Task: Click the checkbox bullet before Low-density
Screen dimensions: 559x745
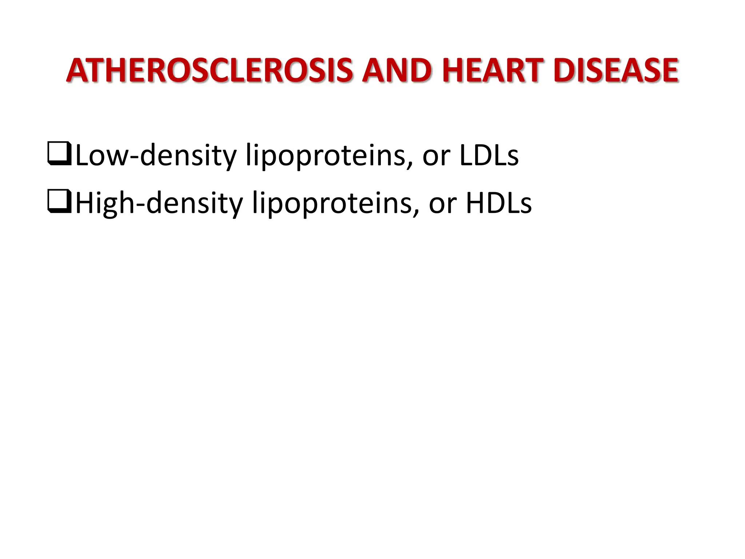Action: (x=59, y=154)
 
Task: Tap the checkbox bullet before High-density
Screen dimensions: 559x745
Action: (x=59, y=202)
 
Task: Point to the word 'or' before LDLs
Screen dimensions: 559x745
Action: (x=436, y=157)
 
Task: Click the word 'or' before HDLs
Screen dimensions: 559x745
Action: (x=443, y=205)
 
